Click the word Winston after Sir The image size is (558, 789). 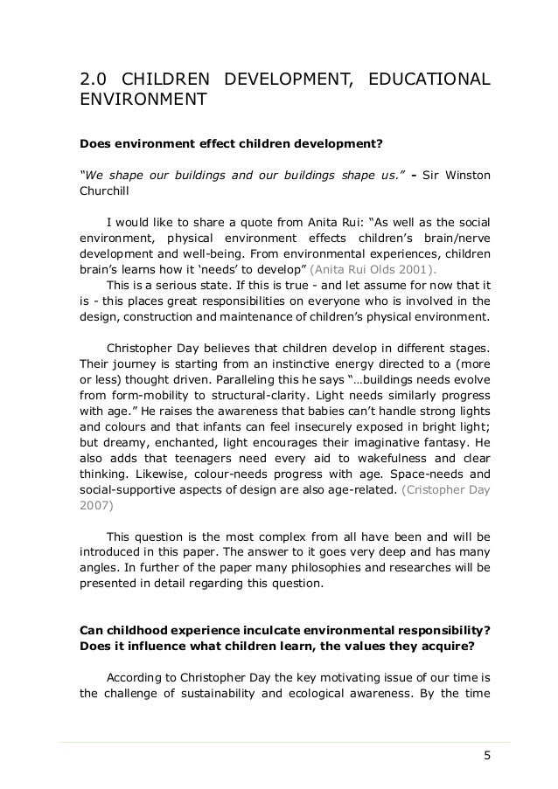tap(468, 178)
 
